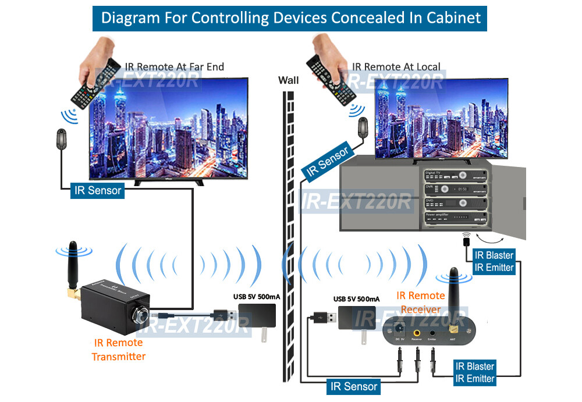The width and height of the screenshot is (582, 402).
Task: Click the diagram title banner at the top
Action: coord(290,17)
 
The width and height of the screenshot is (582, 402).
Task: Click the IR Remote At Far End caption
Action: coord(174,67)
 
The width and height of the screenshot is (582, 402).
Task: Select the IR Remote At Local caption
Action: coord(396,67)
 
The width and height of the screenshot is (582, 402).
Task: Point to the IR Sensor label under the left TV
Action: coord(97,190)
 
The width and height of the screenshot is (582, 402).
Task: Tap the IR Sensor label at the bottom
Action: coord(353,386)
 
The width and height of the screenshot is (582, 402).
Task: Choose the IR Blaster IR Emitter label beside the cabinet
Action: coord(494,261)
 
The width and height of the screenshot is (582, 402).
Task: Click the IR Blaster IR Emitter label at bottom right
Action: coord(474,372)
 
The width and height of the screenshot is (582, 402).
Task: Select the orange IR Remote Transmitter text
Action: coord(118,349)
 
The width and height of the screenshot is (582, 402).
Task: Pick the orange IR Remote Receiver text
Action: coord(420,301)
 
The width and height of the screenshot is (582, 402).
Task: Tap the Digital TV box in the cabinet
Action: coord(453,175)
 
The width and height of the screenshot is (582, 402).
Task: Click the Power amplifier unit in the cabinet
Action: coord(453,219)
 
